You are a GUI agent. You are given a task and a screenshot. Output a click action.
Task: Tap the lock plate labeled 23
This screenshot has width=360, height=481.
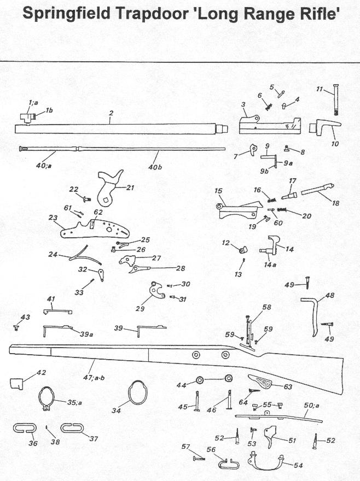click(x=91, y=228)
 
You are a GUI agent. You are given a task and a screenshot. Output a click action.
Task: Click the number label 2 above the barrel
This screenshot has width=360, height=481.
click(x=111, y=113)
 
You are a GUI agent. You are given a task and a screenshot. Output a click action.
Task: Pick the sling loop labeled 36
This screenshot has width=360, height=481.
click(x=24, y=428)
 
